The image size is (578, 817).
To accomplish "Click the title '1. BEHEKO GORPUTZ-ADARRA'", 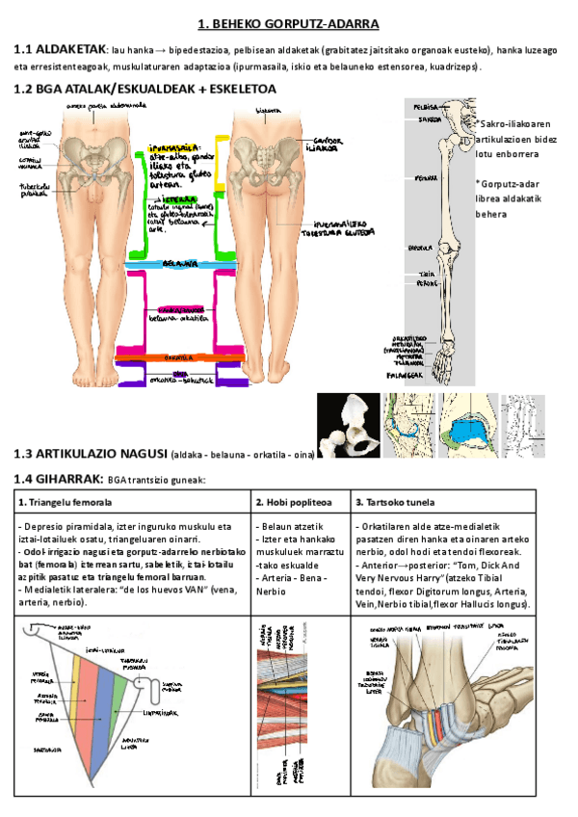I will coord(288,22).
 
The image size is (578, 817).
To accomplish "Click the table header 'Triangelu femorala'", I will coord(70,502).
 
